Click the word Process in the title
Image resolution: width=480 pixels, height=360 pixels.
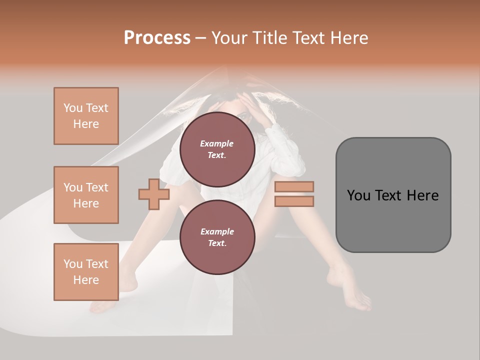tap(157, 38)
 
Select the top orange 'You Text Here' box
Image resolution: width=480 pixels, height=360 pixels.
tap(86, 116)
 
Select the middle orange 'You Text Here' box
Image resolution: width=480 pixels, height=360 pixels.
tap(86, 195)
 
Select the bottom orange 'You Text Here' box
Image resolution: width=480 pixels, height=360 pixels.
tap(86, 272)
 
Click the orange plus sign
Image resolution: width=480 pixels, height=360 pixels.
tap(154, 194)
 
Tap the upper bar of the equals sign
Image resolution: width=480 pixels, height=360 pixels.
tap(294, 186)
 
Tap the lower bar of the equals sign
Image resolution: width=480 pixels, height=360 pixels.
tap(294, 201)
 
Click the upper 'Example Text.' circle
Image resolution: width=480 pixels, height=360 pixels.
tap(217, 149)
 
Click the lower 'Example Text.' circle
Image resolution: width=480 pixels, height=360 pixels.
tap(217, 237)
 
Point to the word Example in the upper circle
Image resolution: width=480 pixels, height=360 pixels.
tap(217, 143)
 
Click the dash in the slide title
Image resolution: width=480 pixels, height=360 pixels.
tap(200, 38)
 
